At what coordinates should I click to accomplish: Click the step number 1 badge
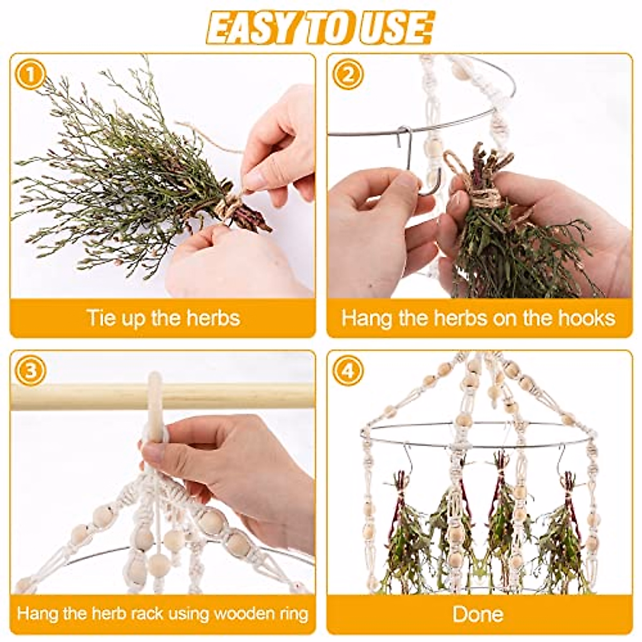30,74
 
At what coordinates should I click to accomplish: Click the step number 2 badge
348,74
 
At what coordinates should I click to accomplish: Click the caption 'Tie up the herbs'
163,318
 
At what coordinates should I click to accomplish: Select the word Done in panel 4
478,614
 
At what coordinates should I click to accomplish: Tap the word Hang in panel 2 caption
364,318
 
